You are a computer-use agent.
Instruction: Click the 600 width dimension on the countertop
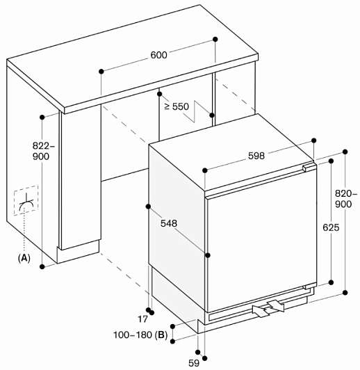pyautogui.click(x=158, y=55)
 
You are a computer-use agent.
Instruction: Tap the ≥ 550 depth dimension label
pyautogui.click(x=177, y=106)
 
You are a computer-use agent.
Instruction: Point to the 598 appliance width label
pyautogui.click(x=256, y=156)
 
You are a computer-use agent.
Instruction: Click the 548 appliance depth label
pyautogui.click(x=169, y=223)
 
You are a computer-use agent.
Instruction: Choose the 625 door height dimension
pyautogui.click(x=331, y=227)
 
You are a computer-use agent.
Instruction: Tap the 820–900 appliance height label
pyautogui.click(x=345, y=199)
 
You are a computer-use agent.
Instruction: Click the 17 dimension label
pyautogui.click(x=142, y=319)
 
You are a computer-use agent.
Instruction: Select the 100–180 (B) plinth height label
pyautogui.click(x=140, y=335)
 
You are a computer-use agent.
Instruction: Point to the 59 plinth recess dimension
pyautogui.click(x=194, y=363)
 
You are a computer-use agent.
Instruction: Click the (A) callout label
pyautogui.click(x=24, y=258)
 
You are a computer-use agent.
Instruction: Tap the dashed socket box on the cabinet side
pyautogui.click(x=26, y=200)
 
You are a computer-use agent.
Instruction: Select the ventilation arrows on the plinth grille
pyautogui.click(x=268, y=308)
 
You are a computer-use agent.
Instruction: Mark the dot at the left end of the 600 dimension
pyautogui.click(x=101, y=71)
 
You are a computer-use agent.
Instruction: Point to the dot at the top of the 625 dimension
pyautogui.click(x=331, y=161)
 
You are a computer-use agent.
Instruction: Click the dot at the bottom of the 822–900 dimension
pyautogui.click(x=42, y=266)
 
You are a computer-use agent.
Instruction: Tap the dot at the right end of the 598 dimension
pyautogui.click(x=314, y=140)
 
